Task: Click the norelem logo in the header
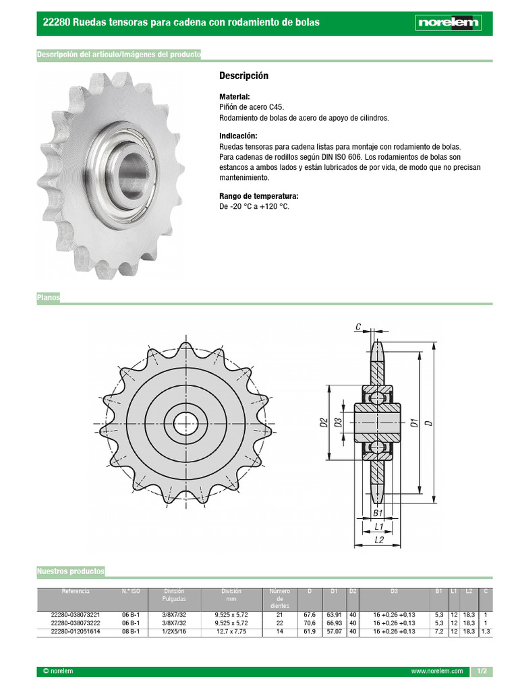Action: click(448, 23)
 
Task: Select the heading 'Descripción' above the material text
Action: click(243, 75)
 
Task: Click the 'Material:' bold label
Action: click(235, 97)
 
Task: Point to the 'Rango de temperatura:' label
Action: click(258, 197)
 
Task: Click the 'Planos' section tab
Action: click(48, 297)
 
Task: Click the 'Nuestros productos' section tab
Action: click(71, 571)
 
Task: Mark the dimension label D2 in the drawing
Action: click(324, 423)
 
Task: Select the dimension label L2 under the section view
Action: click(378, 540)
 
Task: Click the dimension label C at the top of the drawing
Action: click(359, 328)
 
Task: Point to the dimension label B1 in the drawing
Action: click(378, 513)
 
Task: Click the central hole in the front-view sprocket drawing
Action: click(185, 424)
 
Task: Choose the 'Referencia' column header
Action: click(75, 592)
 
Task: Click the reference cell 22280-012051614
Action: click(76, 631)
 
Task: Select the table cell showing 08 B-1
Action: click(131, 631)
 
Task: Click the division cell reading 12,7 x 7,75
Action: click(231, 631)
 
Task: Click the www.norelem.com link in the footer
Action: click(436, 672)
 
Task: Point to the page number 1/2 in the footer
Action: click(482, 672)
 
